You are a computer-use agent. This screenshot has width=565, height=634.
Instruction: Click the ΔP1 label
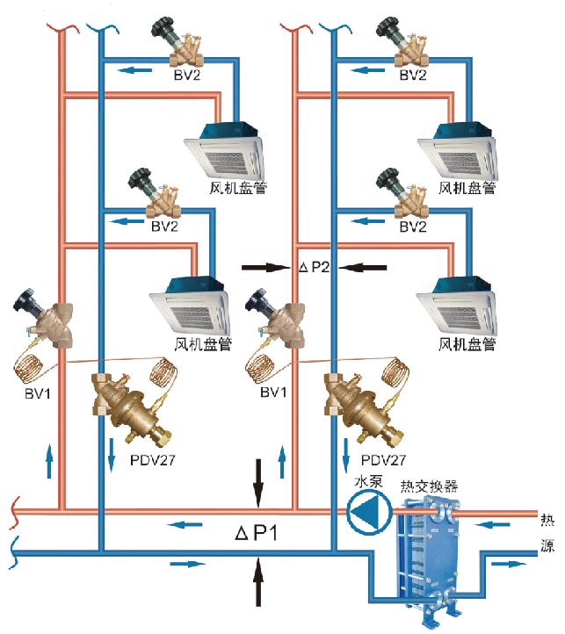pyautogui.click(x=257, y=532)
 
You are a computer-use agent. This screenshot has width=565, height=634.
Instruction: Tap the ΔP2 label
pyautogui.click(x=314, y=266)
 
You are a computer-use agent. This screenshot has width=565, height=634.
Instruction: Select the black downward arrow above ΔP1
pyautogui.click(x=257, y=481)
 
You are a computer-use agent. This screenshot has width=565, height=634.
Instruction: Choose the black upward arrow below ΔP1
pyautogui.click(x=257, y=583)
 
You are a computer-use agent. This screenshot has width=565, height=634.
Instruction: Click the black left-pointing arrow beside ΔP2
pyautogui.click(x=363, y=264)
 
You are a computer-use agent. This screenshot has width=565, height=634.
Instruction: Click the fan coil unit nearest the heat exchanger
pyautogui.click(x=459, y=306)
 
